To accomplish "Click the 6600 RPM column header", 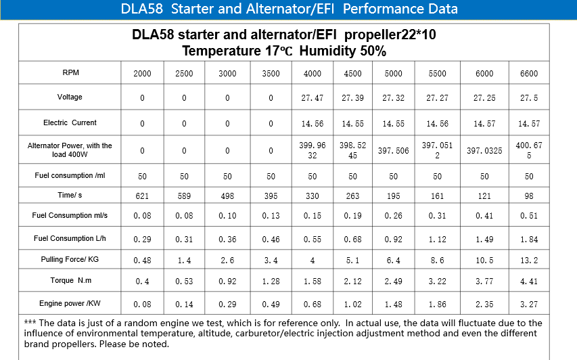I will click(x=529, y=74).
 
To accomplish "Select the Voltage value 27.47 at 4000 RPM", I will click(x=313, y=98).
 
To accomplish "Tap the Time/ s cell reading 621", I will click(x=142, y=196).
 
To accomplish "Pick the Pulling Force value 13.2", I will click(x=529, y=261).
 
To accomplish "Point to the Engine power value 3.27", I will click(x=529, y=304).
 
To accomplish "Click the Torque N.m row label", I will click(x=70, y=280).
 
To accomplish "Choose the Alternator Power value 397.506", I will click(x=394, y=151).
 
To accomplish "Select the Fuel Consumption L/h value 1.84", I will click(x=529, y=239).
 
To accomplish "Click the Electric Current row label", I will click(x=70, y=122).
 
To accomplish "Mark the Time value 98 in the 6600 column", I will click(x=529, y=196).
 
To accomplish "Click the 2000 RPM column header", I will click(x=142, y=74).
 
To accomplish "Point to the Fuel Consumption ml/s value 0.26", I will click(x=394, y=217).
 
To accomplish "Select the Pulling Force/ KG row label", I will click(x=70, y=259).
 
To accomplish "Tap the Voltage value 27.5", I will click(x=529, y=98).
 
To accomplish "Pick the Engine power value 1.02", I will click(x=353, y=304).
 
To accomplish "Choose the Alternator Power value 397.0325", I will click(x=484, y=151).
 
